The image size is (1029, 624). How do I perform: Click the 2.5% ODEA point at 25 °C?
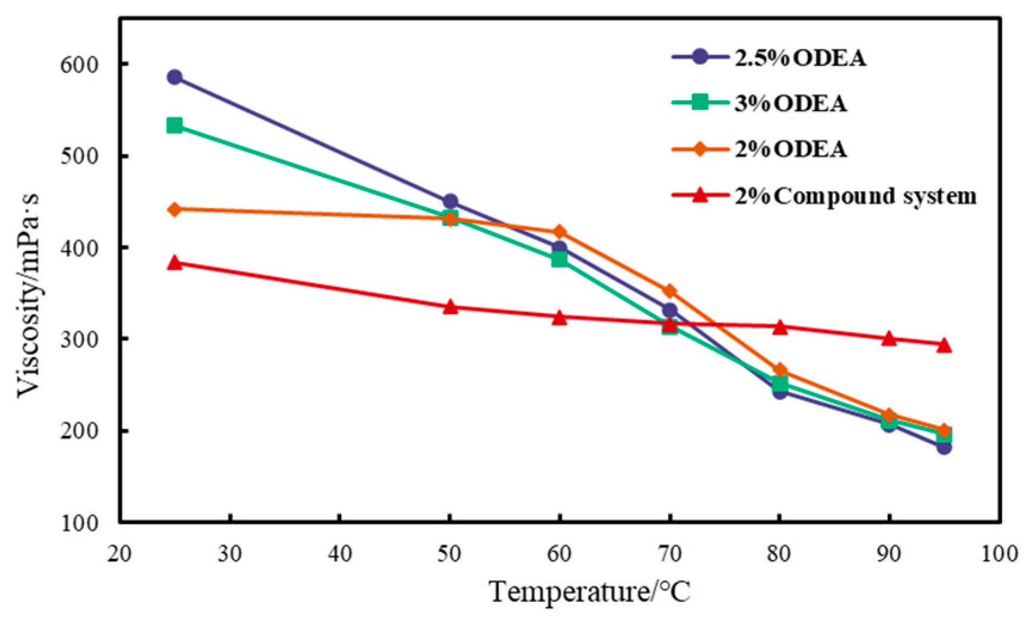tap(174, 77)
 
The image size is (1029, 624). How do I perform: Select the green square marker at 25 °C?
tap(174, 125)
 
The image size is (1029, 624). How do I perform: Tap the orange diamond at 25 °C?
tap(174, 209)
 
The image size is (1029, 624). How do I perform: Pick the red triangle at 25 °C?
tap(174, 262)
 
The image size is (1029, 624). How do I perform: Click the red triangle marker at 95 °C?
tap(944, 345)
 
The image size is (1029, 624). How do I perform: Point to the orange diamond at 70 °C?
tap(670, 291)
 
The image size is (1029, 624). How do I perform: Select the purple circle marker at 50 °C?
tap(450, 201)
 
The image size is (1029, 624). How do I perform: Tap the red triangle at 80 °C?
tap(779, 327)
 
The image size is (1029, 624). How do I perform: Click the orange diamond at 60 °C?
tap(559, 231)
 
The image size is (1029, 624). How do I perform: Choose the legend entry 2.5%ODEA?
tap(799, 58)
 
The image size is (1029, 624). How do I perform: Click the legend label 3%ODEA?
tap(790, 104)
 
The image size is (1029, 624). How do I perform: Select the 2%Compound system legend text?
tap(855, 196)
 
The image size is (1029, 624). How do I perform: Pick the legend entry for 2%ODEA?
tap(790, 149)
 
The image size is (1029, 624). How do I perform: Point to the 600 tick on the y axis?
tap(79, 64)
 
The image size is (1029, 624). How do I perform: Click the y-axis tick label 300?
tap(79, 339)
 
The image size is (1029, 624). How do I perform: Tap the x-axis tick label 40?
tap(339, 554)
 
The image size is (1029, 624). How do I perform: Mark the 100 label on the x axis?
tap(999, 554)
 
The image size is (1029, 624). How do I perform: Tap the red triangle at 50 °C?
tap(450, 307)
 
